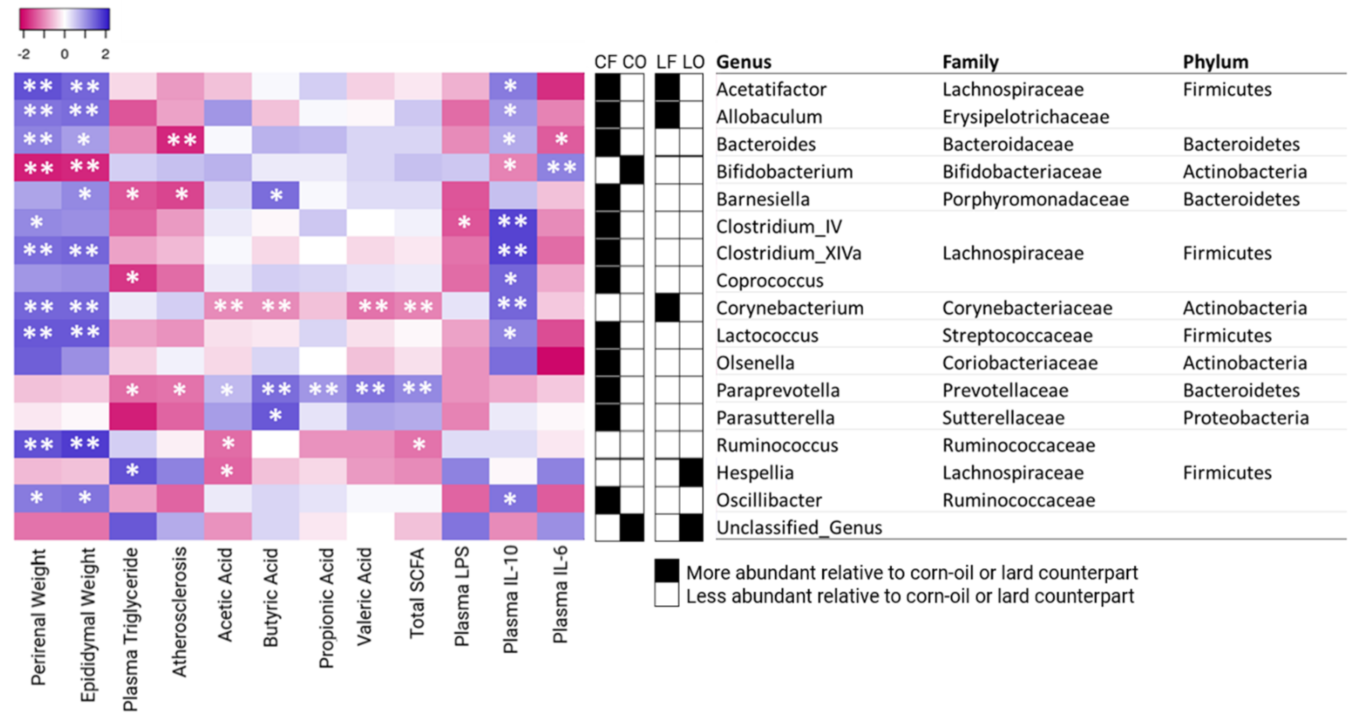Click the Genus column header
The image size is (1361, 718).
744,62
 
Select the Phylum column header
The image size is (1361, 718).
1215,62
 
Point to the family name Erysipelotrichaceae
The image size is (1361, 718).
1025,117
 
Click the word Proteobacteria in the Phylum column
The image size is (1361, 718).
1245,418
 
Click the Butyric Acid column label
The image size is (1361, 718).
270,597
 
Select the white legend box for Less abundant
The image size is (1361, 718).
666,595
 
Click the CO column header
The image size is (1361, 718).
633,62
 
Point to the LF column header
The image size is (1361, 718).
666,62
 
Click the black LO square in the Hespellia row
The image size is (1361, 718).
691,472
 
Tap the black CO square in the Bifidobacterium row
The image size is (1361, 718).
632,171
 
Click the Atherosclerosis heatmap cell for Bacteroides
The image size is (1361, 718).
180,140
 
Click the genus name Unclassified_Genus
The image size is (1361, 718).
799,527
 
